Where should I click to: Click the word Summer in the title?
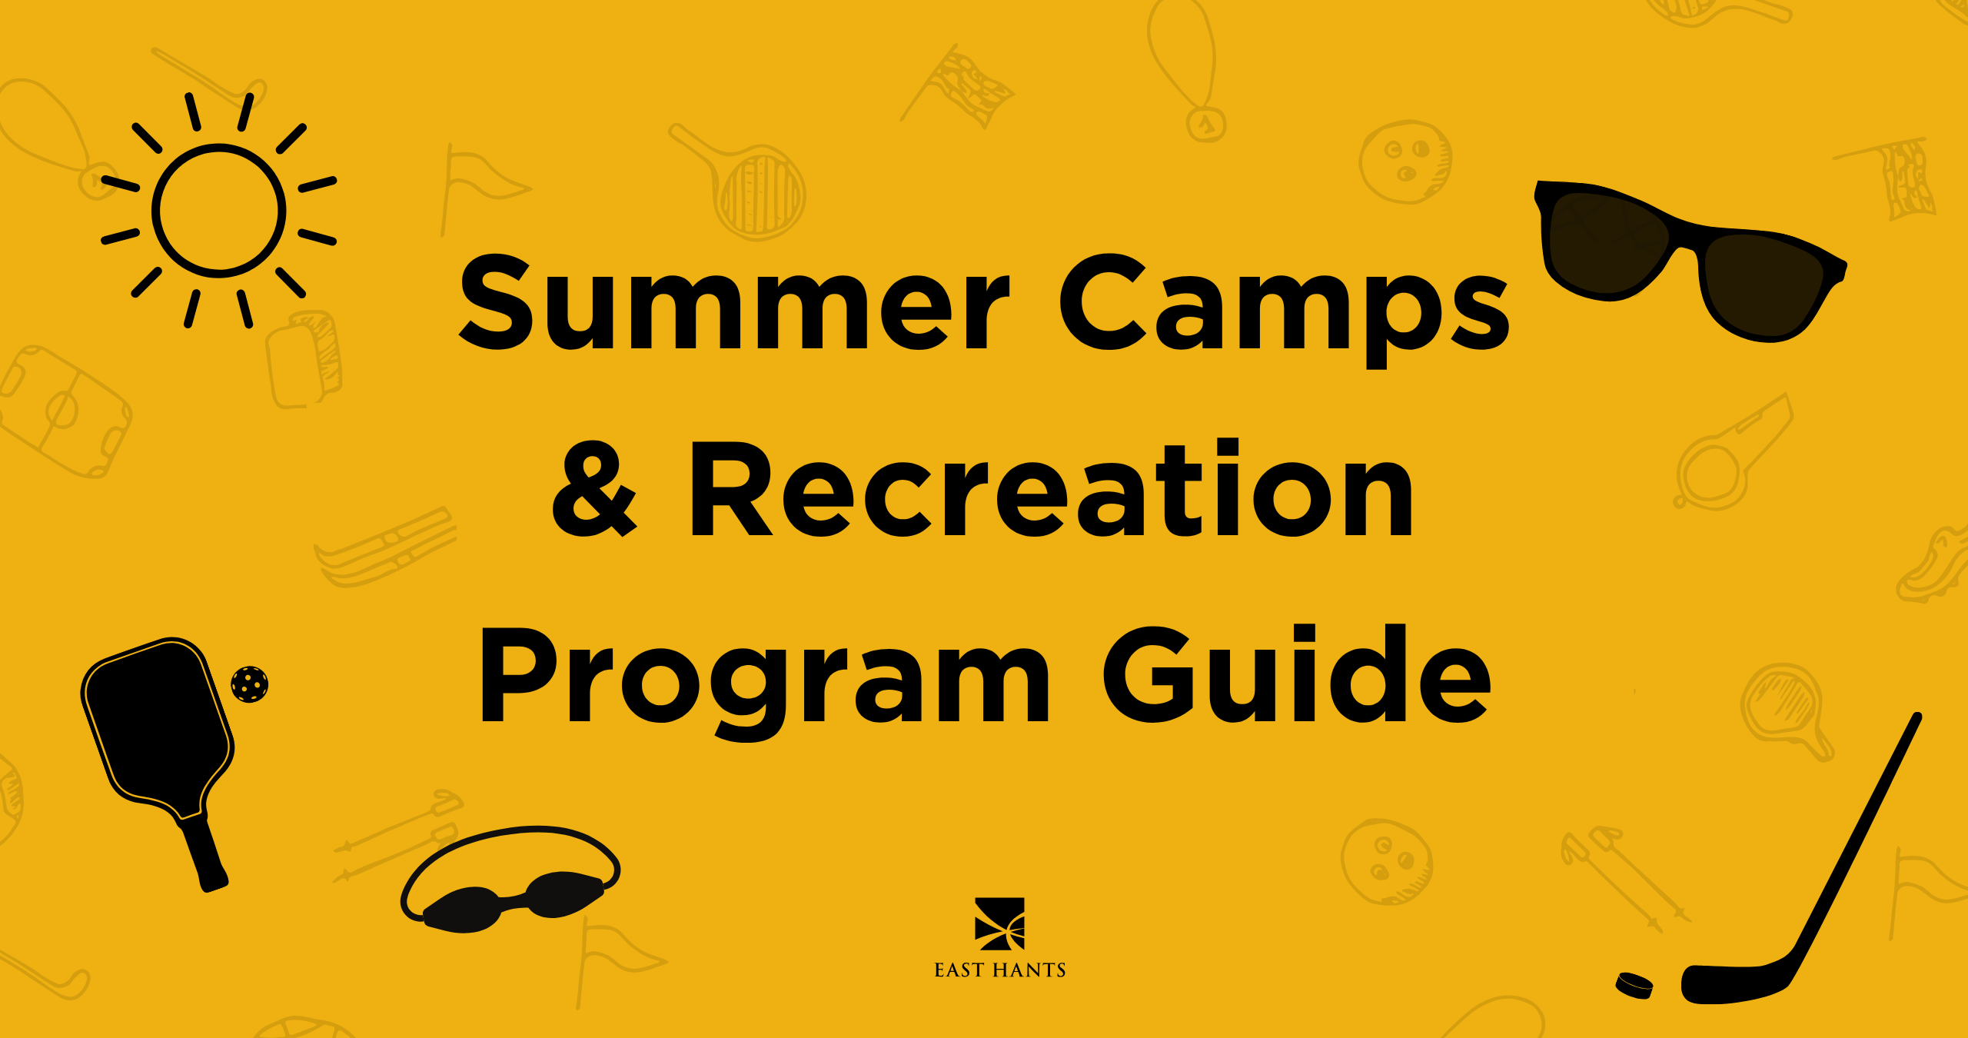click(x=734, y=302)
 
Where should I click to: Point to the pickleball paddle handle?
click(x=204, y=853)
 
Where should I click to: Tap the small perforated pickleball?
click(x=250, y=684)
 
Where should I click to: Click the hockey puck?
click(x=1634, y=985)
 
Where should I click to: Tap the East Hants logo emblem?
click(x=999, y=923)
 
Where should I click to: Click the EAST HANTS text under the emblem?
click(x=1000, y=970)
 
